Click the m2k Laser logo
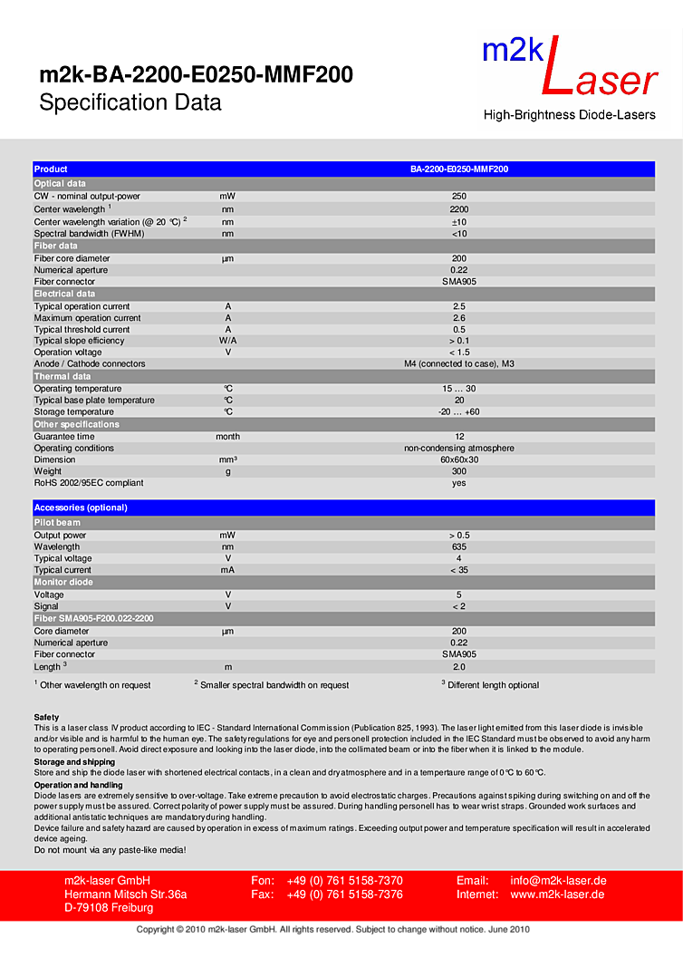tap(570, 77)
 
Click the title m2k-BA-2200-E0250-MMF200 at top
tap(196, 76)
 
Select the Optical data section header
tap(60, 183)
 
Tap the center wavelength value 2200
tap(459, 209)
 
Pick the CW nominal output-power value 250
tap(459, 197)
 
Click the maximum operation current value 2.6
tap(459, 318)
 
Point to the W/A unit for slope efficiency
tap(228, 341)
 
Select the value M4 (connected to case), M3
tap(459, 364)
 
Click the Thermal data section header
tap(63, 376)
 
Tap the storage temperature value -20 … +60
tap(459, 412)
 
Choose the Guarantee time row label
tap(64, 437)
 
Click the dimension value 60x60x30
tap(459, 460)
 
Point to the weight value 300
tap(459, 471)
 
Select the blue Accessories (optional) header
tap(81, 508)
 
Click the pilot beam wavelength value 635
tap(459, 547)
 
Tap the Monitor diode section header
tap(63, 582)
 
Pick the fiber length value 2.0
tap(459, 667)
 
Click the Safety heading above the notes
tap(46, 718)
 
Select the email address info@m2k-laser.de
tap(558, 881)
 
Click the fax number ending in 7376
tap(345, 894)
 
